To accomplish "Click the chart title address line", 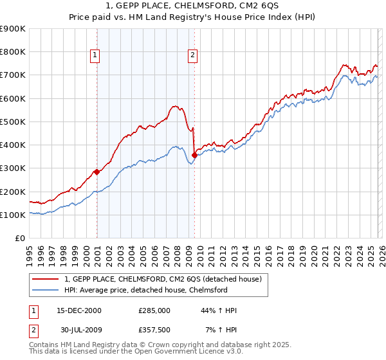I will (x=192, y=6).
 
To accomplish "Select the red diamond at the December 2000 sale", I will (x=96, y=172).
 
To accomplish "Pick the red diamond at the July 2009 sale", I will (x=194, y=155).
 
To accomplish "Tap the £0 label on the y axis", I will (x=19, y=238).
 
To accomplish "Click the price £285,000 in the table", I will (x=154, y=310).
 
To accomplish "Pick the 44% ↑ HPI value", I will (x=219, y=310).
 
